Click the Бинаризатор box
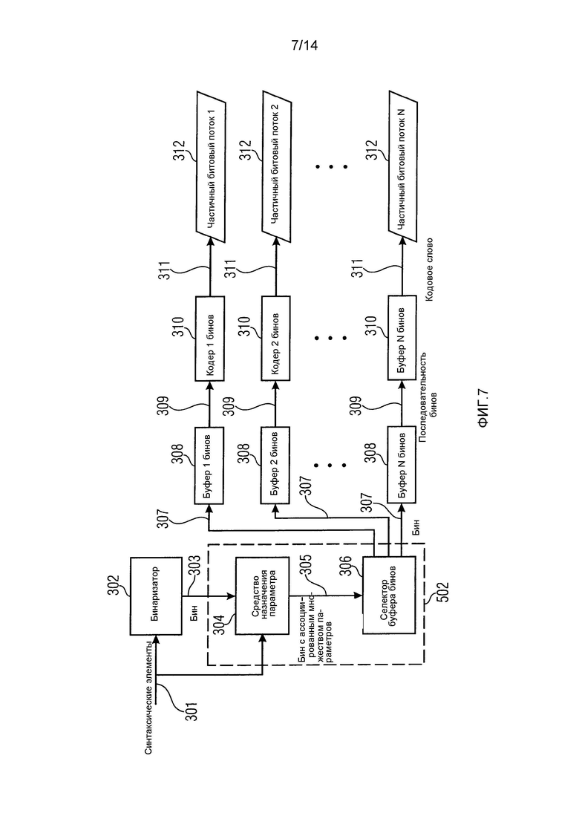156,596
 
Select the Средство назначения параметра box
263,596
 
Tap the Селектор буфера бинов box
389,595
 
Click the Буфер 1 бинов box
209,466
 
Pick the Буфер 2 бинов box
275,466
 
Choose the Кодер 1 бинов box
209,339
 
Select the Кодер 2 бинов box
275,339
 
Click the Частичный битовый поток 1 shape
210,166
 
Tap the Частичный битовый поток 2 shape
275,166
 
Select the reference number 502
442,591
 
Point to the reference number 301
192,711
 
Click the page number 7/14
304,45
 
